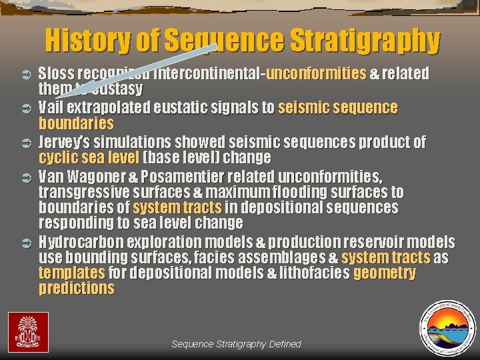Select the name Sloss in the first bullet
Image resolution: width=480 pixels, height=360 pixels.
click(56, 73)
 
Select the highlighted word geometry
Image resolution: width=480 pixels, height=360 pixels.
click(385, 273)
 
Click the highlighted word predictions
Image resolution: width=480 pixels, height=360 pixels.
click(77, 289)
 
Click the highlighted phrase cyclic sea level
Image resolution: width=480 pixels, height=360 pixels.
click(89, 158)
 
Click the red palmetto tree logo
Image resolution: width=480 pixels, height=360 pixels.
click(27, 331)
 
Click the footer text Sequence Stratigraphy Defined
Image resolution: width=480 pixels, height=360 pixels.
click(236, 344)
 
